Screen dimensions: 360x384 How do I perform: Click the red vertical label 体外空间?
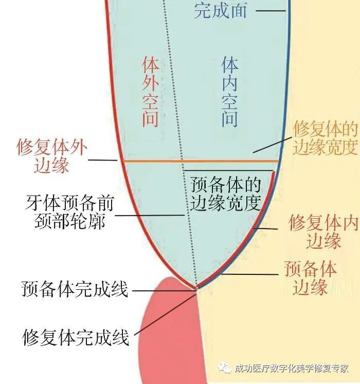click(150, 92)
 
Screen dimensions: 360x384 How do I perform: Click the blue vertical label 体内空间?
click(229, 92)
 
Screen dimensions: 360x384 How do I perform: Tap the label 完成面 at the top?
click(220, 10)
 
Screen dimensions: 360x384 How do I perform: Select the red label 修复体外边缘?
click(52, 156)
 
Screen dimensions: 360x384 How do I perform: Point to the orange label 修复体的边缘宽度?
click(326, 137)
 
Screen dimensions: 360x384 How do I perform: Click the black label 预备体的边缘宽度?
click(225, 194)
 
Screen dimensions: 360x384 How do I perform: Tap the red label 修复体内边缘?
click(323, 231)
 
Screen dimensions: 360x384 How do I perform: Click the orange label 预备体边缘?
click(310, 278)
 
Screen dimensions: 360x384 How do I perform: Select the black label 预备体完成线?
click(75, 289)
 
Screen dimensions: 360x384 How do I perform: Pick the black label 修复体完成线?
click(76, 338)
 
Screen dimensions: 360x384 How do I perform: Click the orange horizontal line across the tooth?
click(201, 161)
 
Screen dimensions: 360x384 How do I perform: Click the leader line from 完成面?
click(271, 10)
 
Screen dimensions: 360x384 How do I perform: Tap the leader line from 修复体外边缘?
click(103, 160)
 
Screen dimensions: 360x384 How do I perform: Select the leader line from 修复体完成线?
click(166, 314)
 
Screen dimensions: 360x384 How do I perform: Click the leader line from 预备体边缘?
click(250, 274)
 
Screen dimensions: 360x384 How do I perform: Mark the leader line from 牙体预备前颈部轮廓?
click(150, 215)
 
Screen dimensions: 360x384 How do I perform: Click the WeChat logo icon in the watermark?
click(225, 368)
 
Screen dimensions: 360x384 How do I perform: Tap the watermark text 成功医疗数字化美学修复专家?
click(292, 369)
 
